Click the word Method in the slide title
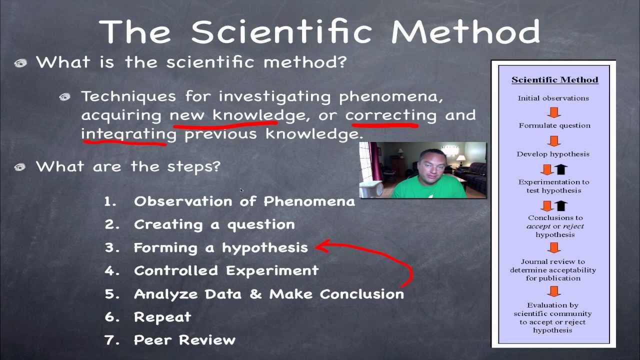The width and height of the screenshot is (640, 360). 465,31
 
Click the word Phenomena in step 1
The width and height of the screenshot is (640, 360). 309,201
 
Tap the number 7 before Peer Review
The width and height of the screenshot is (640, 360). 110,340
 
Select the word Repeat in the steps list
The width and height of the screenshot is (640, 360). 162,317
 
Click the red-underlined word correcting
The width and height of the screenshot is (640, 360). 390,115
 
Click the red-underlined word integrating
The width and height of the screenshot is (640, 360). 128,134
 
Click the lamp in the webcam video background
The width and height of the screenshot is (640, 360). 460,159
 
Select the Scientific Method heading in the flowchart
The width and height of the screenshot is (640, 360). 554,80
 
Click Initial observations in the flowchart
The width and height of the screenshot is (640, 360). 553,98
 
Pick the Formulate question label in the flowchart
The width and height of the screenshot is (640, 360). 554,125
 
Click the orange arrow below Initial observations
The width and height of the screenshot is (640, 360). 554,111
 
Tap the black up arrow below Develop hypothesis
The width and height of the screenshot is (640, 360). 561,169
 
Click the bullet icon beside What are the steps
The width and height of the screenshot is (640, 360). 20,167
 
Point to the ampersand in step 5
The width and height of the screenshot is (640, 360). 255,294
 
